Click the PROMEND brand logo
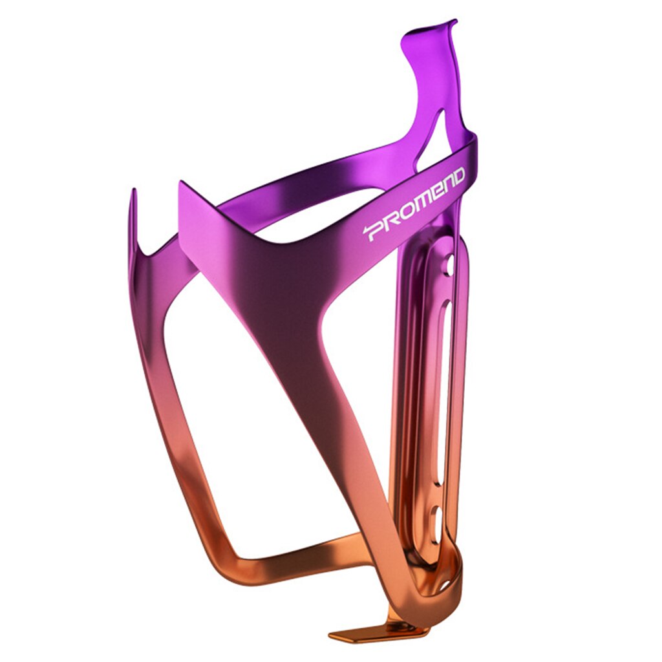tap(414, 204)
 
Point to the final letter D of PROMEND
tap(457, 177)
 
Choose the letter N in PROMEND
tap(446, 186)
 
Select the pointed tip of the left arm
tap(133, 193)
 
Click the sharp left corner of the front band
tap(181, 184)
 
